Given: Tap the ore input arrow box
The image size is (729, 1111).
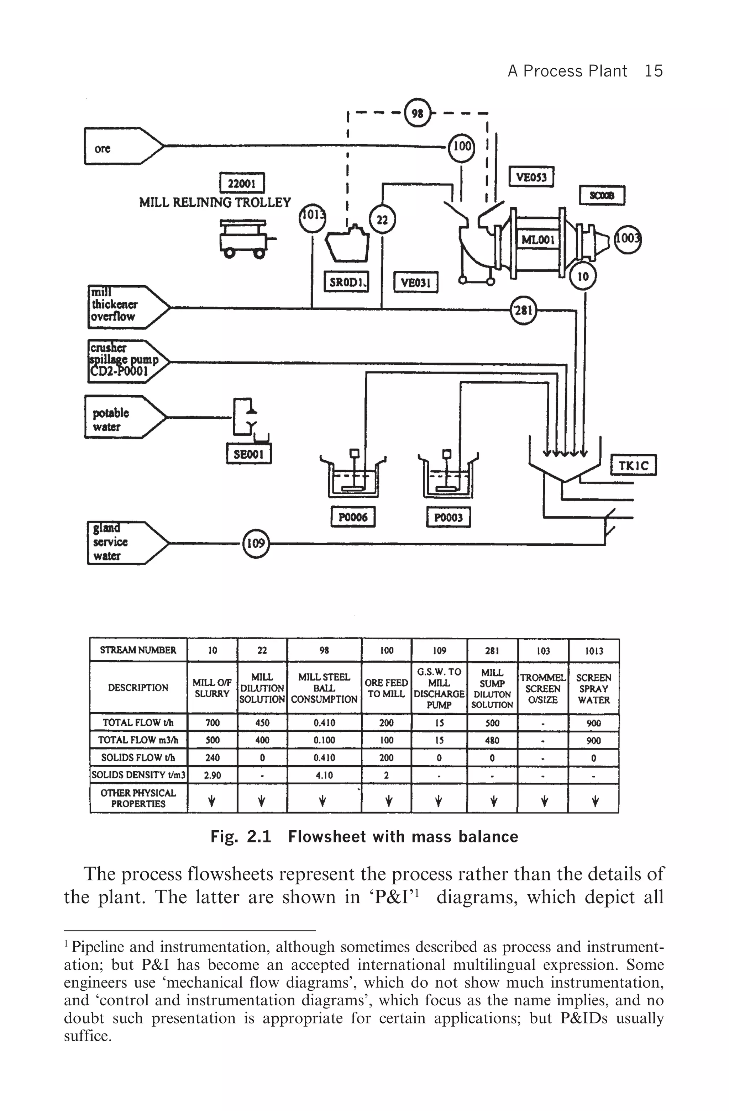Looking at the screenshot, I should tap(121, 147).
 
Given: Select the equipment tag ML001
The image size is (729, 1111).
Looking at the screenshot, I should tap(538, 239).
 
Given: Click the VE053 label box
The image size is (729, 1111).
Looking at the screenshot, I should tap(531, 176).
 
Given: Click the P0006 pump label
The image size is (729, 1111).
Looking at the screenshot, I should tap(353, 517).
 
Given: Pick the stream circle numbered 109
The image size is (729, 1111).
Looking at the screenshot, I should tap(256, 543).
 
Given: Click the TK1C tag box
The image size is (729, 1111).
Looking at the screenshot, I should tap(633, 465).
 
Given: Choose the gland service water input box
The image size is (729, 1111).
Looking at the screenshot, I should tap(126, 543).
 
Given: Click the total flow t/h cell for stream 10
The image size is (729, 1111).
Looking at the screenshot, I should tap(212, 723).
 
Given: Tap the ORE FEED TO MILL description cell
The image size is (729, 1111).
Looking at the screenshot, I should tap(386, 688).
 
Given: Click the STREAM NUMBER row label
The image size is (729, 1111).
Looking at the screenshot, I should tap(138, 650).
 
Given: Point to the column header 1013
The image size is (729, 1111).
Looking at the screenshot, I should tap(594, 650).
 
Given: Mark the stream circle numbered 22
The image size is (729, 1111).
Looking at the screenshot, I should tap(382, 219).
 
